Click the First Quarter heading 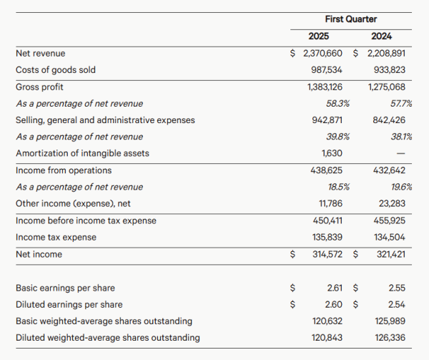[351, 19]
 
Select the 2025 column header [318, 36]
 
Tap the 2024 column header [381, 36]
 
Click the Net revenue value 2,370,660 [322, 54]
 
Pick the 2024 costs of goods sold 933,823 [390, 70]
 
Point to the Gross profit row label [39, 87]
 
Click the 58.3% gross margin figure [337, 104]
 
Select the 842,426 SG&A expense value [389, 120]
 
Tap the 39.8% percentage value [337, 137]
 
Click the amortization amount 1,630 [332, 153]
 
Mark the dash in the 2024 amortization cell [400, 153]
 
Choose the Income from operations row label [64, 170]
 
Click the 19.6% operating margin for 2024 [401, 187]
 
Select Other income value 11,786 [330, 203]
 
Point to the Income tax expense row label [56, 237]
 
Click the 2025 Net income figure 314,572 [327, 254]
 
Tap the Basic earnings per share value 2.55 [397, 288]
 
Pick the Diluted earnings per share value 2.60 [333, 304]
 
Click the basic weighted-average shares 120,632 [327, 321]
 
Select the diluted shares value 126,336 [390, 338]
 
